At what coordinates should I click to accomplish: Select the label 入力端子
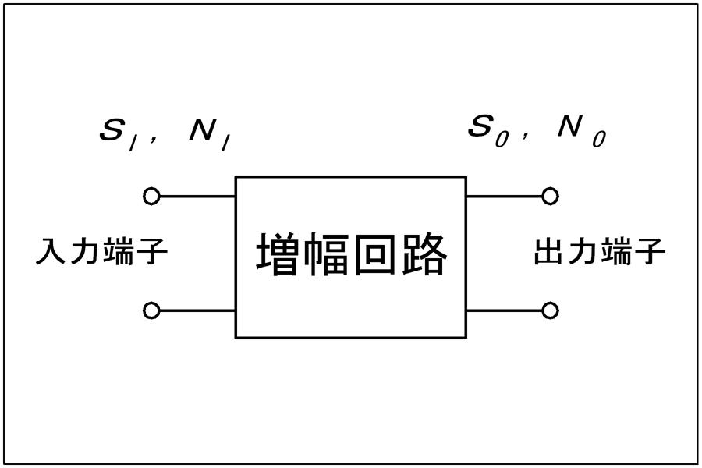click(101, 251)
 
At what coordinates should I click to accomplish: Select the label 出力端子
click(600, 251)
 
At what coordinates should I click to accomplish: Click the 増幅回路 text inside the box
click(352, 253)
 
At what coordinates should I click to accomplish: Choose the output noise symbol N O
click(582, 131)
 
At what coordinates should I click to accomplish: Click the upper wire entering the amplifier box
click(197, 196)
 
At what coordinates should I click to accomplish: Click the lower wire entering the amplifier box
click(197, 310)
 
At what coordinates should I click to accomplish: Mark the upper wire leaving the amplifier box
click(504, 196)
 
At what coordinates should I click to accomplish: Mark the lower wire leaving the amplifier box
click(504, 310)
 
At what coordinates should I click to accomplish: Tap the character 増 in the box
click(278, 253)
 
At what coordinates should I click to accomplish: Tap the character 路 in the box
click(424, 253)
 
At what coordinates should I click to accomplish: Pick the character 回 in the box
click(375, 254)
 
